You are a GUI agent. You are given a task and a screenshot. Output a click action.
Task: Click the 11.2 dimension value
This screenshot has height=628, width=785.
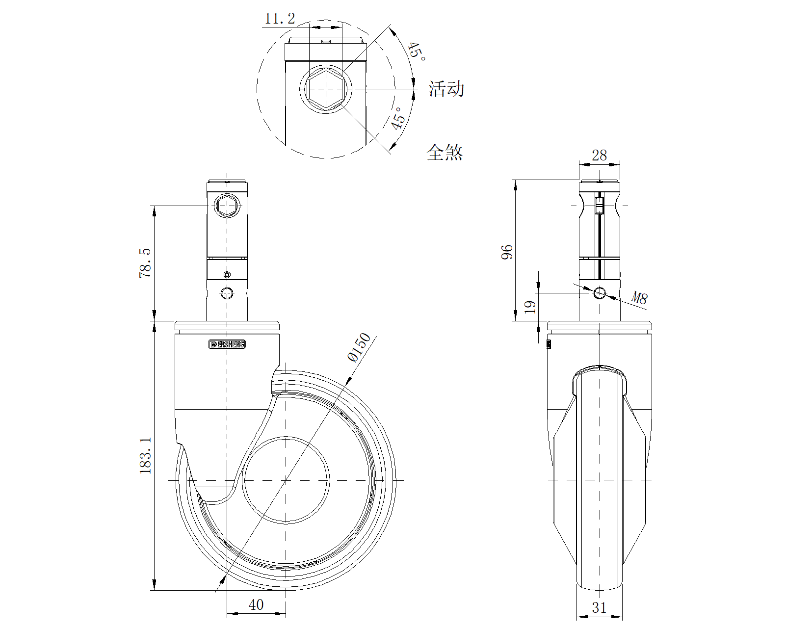[x=280, y=19]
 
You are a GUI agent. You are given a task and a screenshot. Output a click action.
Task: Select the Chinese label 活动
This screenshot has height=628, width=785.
[x=446, y=89]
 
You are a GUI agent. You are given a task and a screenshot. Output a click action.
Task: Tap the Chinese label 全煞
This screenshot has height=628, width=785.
[x=445, y=152]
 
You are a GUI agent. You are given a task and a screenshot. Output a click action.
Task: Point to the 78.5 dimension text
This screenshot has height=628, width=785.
[x=145, y=263]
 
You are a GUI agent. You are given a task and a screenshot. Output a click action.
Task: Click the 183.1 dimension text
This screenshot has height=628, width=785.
[x=146, y=455]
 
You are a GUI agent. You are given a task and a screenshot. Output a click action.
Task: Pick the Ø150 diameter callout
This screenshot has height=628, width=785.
[x=359, y=347]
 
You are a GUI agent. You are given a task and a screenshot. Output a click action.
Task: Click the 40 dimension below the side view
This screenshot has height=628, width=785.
[x=256, y=604]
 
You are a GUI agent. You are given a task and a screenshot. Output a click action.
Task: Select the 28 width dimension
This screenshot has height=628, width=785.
[x=599, y=155]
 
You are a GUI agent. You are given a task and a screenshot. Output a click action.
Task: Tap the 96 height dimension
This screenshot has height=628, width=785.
[x=507, y=252]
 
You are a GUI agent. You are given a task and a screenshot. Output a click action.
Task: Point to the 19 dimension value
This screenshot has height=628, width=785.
[x=530, y=307]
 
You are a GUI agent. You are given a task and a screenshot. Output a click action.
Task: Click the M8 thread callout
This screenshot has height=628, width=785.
[x=639, y=297]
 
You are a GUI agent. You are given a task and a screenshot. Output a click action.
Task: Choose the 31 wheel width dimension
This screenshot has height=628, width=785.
[x=599, y=607]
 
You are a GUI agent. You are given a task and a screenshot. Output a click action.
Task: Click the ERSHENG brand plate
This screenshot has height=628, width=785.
[x=227, y=344]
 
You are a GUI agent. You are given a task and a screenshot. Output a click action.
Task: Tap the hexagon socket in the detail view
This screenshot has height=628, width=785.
[x=326, y=89]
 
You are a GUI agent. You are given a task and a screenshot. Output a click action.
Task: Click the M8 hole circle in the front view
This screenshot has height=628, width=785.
[x=600, y=293]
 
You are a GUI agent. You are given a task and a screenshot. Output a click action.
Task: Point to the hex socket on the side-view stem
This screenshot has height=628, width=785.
[x=227, y=205]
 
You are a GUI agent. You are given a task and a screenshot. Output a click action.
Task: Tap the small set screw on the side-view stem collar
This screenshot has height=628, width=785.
[x=227, y=274]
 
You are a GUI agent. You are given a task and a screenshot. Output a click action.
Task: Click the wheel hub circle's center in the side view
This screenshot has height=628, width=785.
[x=286, y=480]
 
